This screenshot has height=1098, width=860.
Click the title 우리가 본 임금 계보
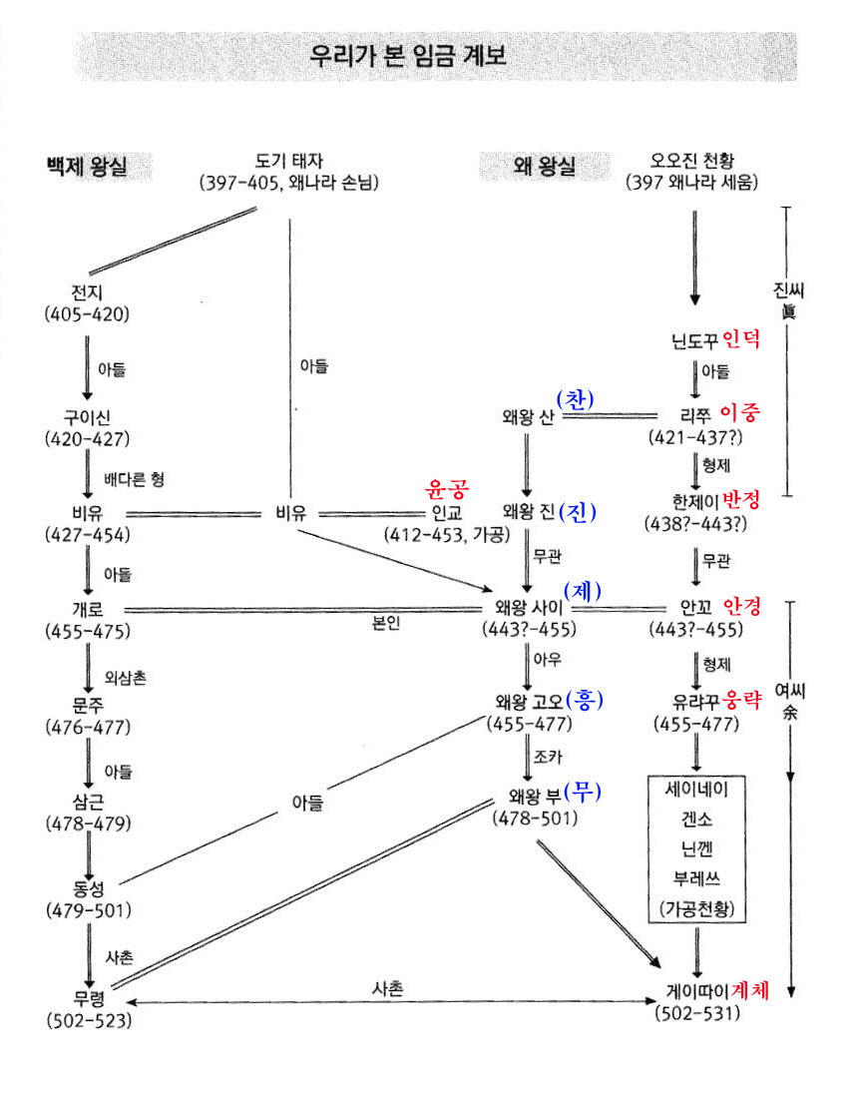(x=408, y=56)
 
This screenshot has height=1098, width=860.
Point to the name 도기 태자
(x=289, y=160)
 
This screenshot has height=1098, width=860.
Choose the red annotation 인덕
(x=740, y=339)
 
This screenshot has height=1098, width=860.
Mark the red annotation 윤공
(x=448, y=489)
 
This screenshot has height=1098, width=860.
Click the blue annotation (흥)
(x=585, y=700)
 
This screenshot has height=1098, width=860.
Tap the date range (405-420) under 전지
(x=87, y=313)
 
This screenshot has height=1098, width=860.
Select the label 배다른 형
(x=134, y=479)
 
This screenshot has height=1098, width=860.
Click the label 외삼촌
(x=125, y=679)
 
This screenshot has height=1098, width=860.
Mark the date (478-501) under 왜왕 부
(x=534, y=818)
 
